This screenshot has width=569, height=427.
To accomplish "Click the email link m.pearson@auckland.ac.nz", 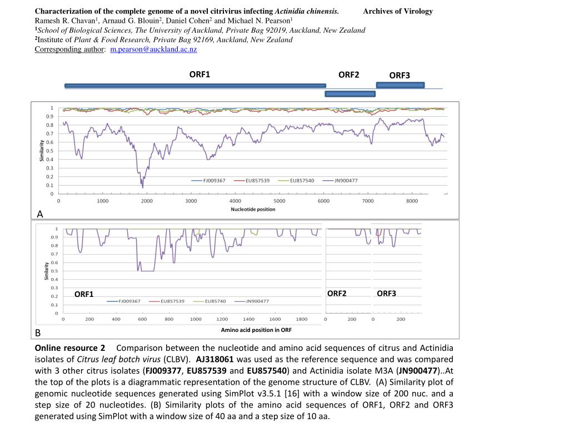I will (x=153, y=49).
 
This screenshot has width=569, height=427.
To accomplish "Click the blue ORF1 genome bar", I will (x=195, y=86).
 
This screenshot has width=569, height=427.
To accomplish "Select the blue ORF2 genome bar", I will (x=350, y=94).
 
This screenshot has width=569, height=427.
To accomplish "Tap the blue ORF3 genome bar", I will (x=400, y=85).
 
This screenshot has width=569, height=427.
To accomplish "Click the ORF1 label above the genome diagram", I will (x=199, y=74).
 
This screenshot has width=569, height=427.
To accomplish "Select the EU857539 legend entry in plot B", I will (x=172, y=301).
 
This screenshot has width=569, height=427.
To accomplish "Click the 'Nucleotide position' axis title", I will (x=253, y=210).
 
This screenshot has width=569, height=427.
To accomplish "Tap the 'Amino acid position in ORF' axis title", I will (x=256, y=330).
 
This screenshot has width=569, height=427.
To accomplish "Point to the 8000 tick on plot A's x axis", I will (x=412, y=201).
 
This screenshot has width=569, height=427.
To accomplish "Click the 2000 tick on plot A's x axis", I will (x=147, y=201).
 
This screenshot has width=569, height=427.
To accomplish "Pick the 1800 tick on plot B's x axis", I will (x=301, y=320).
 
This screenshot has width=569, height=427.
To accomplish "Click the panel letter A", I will (x=39, y=214).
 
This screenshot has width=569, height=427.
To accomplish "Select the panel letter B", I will (x=38, y=333).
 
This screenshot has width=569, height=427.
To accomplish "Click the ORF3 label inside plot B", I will (x=386, y=293).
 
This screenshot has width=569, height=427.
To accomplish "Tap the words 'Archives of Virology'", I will (x=398, y=11).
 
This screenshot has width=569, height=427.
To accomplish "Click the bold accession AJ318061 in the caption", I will (x=215, y=359).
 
